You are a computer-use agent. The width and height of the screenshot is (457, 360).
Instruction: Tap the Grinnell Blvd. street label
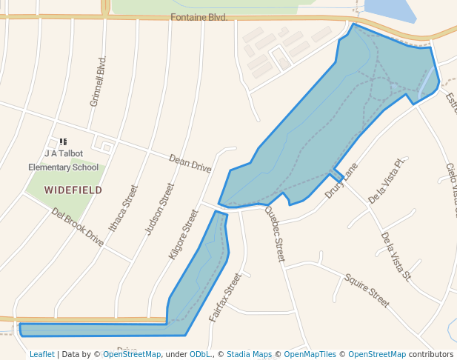tap(98, 81)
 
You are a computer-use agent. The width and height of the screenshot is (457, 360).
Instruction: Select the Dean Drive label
tap(190, 164)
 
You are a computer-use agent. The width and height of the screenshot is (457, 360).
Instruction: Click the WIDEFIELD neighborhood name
tap(73, 190)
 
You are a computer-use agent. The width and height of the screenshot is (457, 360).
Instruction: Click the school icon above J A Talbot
tap(63, 141)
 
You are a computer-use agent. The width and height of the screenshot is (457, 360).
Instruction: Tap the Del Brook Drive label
tap(77, 226)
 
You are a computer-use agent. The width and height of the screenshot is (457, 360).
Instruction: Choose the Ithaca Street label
tap(123, 208)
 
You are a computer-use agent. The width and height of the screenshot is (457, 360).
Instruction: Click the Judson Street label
tap(159, 209)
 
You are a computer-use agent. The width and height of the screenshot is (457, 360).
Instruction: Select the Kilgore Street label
tap(184, 233)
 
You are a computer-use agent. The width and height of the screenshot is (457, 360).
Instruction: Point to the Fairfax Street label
tap(225, 296)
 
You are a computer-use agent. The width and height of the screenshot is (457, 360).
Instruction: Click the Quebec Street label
tap(274, 233)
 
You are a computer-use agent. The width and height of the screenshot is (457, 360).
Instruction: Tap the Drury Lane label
tap(341, 181)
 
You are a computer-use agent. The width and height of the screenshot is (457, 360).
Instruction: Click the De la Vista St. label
tap(396, 256)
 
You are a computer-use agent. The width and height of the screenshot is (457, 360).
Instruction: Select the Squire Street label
tap(366, 290)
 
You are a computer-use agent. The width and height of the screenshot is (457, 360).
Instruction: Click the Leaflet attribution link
tap(41, 354)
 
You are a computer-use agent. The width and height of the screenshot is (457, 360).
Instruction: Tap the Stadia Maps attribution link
tap(249, 354)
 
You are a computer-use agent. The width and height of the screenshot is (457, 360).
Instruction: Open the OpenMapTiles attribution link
tap(311, 354)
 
